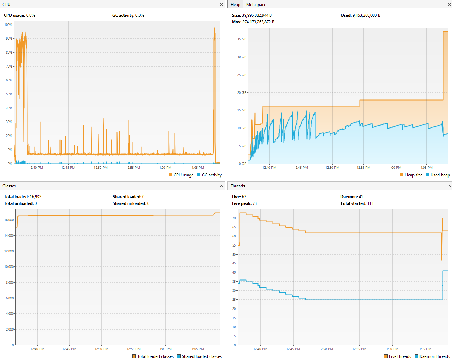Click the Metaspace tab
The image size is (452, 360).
[256, 5]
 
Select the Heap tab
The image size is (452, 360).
[235, 5]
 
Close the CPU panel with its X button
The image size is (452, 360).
[221, 5]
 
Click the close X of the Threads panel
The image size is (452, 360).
[449, 186]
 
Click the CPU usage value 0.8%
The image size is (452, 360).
[31, 15]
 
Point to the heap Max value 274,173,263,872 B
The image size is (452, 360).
[258, 22]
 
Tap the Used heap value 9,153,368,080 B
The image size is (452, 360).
[366, 15]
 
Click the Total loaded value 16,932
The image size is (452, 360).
[36, 197]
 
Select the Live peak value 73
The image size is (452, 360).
[254, 203]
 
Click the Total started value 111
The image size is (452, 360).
[370, 203]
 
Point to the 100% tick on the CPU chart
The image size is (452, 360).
[8, 25]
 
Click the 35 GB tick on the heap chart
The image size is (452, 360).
[241, 39]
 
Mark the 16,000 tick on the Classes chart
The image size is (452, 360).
[9, 220]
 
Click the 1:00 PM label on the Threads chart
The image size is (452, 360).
[392, 349]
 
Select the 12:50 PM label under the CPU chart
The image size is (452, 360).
[101, 168]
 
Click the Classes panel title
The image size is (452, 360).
[9, 186]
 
